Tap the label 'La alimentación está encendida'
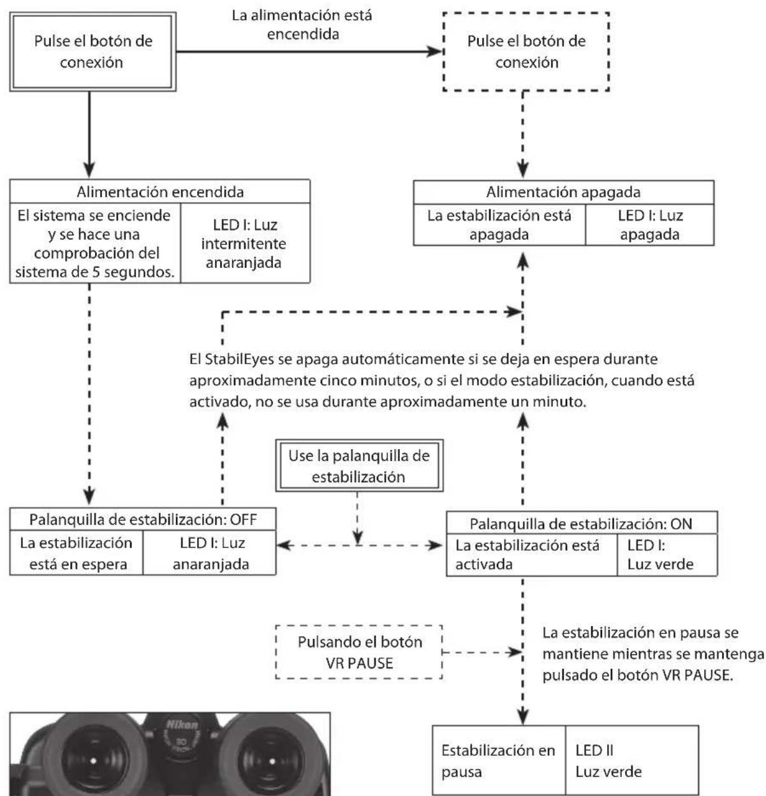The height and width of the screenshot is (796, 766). coord(302,24)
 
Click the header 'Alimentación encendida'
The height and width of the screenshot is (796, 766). coord(160,191)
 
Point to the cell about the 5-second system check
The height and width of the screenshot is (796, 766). coord(95,243)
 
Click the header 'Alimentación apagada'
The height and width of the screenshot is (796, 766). coord(564,192)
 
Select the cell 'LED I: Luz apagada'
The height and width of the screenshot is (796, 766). coord(650,225)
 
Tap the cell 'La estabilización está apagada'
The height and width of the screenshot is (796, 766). coord(499,225)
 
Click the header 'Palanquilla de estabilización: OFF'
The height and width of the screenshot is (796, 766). coord(143,519)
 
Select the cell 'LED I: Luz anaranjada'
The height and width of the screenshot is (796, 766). coord(210,553)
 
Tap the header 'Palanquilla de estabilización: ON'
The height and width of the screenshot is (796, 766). coord(582,523)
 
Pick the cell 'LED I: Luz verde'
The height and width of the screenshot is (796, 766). coord(667,555)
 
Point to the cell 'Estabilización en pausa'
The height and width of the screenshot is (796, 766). coord(499,760)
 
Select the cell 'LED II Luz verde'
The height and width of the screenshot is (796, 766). coord(632,760)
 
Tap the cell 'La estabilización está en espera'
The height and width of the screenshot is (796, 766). coord(77,553)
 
